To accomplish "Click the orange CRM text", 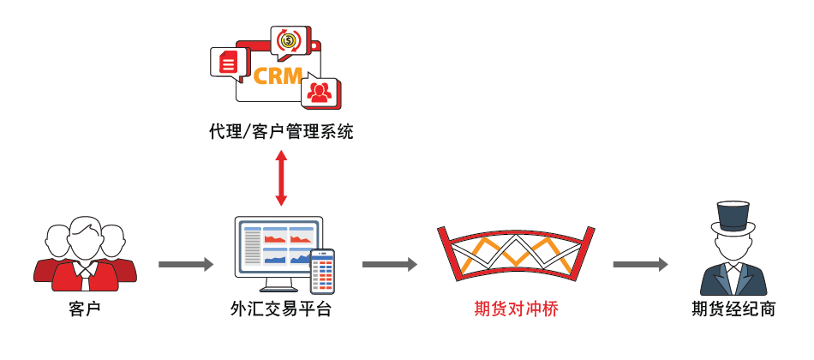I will pos(278,75).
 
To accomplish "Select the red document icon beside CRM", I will pos(227,63).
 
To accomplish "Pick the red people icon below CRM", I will pos(320,90).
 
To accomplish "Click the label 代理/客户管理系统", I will pos(280,132).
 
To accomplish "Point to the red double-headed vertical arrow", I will pos(280,178).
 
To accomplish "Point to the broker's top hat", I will pos(733,217).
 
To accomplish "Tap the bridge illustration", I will pos(515,254).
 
